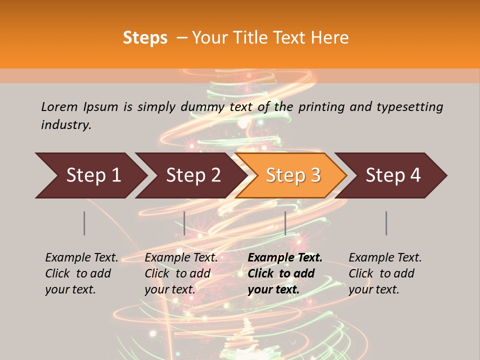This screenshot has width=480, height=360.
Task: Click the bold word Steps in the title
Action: pos(145,38)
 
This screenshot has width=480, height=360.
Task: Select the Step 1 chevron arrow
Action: pos(90,175)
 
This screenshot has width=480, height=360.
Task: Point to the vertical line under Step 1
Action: pos(84,223)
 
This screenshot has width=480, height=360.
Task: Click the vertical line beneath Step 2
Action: pos(184,223)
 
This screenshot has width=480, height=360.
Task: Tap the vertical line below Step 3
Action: pos(285,223)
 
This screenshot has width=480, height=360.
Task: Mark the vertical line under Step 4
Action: pos(386,223)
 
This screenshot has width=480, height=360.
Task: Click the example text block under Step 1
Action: pos(81,273)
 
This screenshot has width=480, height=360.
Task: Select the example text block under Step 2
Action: pos(181,273)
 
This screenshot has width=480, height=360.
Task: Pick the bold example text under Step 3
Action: pos(285,273)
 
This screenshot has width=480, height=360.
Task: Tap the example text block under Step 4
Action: pos(385,273)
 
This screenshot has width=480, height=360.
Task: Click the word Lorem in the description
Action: pos(59,106)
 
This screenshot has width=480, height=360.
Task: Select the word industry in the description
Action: pos(66,125)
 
